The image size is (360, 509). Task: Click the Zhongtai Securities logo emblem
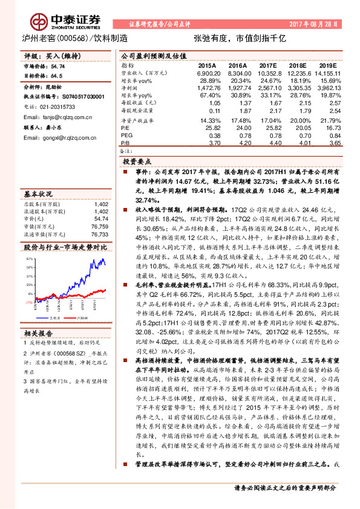coord(39,22)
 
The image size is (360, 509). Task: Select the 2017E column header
coord(267,65)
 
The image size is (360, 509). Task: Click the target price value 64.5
coord(56,77)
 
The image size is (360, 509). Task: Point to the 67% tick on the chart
coord(28,258)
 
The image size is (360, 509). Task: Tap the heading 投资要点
coord(138,163)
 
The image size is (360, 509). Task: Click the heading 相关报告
coord(39,333)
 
